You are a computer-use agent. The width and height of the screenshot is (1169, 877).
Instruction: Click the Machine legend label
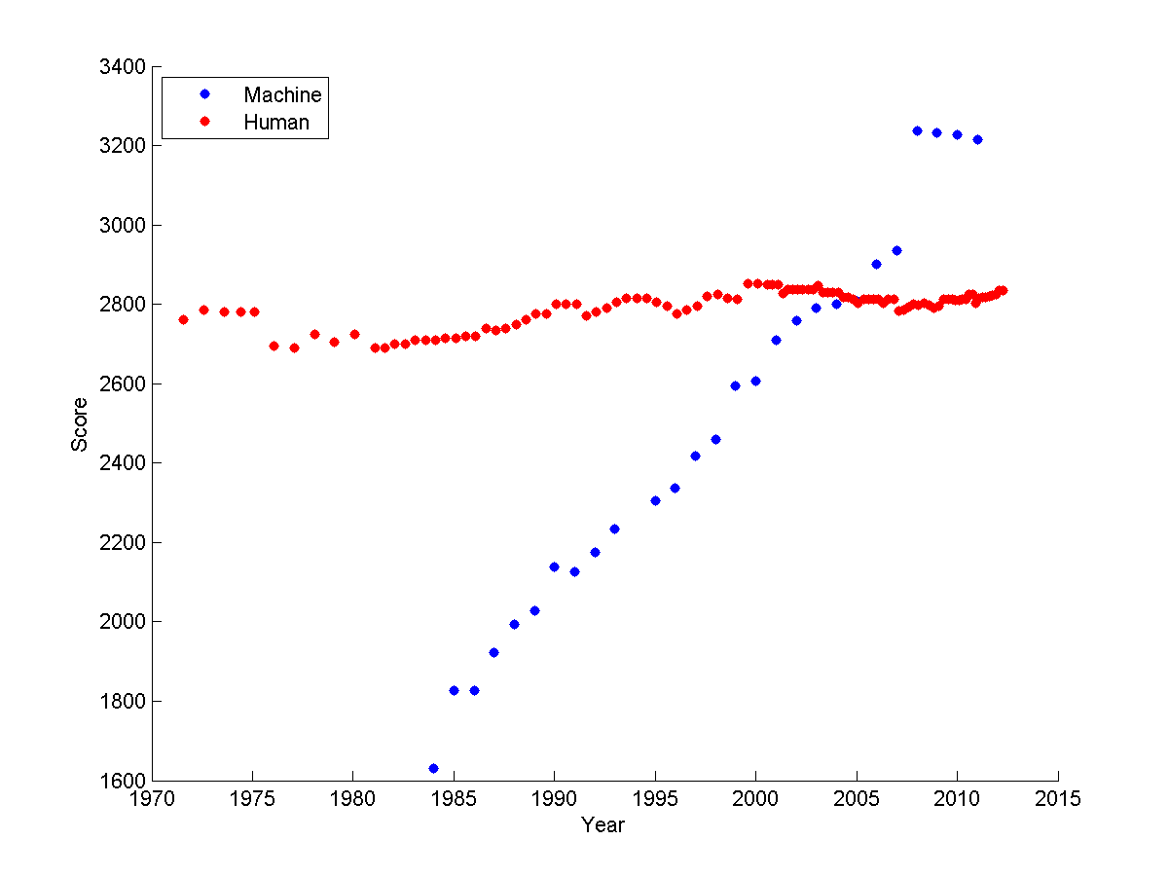[x=282, y=94]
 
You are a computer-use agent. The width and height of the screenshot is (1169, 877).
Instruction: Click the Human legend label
[x=276, y=123]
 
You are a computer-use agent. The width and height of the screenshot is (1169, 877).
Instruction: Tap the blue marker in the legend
[x=204, y=94]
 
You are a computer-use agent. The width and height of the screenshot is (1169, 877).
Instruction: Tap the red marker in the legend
[x=204, y=122]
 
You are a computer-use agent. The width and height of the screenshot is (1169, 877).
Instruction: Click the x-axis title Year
[x=603, y=825]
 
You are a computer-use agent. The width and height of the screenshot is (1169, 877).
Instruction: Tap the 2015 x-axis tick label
[x=1058, y=799]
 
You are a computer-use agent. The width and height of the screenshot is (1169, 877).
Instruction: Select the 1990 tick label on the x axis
[x=554, y=799]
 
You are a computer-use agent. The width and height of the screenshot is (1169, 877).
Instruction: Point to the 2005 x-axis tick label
[x=857, y=799]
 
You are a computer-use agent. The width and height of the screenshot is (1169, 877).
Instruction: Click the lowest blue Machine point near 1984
[x=433, y=768]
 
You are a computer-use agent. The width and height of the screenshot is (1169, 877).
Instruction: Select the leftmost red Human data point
[x=183, y=319]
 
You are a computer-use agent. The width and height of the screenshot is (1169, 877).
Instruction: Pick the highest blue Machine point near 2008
[x=917, y=130]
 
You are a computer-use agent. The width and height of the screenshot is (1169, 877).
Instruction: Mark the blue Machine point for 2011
[x=977, y=139]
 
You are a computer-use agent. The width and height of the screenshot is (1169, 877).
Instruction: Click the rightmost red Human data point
[x=1003, y=290]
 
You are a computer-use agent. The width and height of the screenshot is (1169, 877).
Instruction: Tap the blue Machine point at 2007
[x=896, y=250]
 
